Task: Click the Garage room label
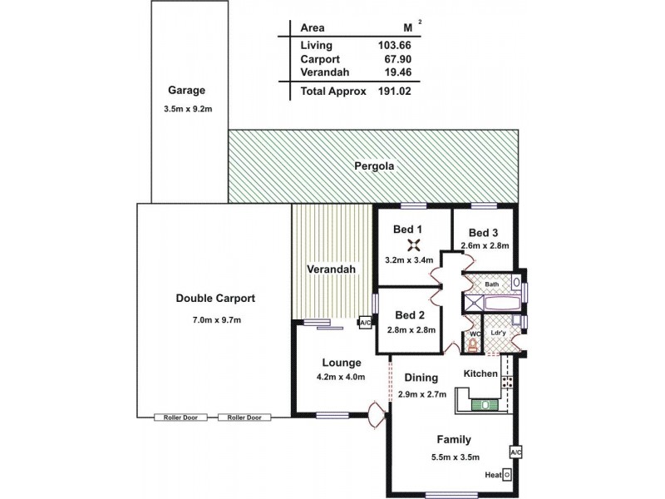(185, 91)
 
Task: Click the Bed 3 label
(482, 233)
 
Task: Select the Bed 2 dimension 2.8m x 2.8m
(410, 330)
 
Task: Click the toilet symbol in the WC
(473, 343)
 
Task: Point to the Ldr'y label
(499, 333)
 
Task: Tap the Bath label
(492, 284)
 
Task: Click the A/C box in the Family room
(515, 452)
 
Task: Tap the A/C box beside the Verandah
(365, 322)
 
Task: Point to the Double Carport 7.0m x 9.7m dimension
(214, 319)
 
